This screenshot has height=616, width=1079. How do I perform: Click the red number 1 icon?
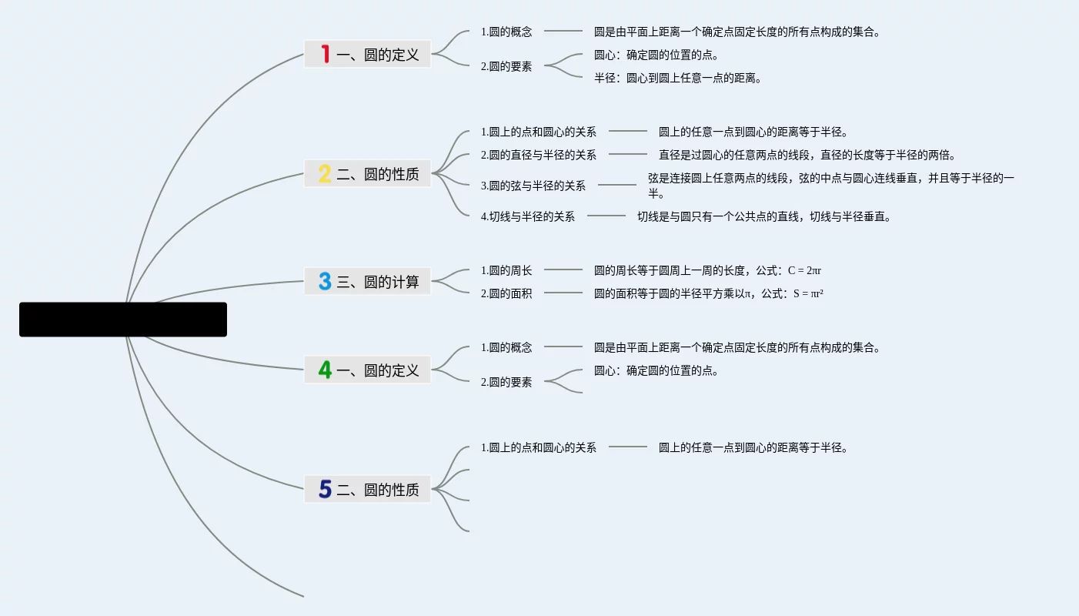coord(326,54)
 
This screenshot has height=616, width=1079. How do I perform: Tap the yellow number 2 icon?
coord(325,174)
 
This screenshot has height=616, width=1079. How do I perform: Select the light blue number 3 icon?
coord(325,282)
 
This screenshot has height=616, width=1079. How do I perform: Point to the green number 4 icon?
coord(326,370)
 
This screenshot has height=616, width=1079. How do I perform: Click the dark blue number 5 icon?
coord(325,489)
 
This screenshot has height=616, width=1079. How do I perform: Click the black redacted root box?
coord(123,320)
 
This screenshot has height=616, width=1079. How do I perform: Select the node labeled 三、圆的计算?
coord(378,282)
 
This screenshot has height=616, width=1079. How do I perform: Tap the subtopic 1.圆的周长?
coord(506,270)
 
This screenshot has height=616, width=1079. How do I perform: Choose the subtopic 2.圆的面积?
coord(506,293)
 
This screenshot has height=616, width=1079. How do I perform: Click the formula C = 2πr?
coord(804,270)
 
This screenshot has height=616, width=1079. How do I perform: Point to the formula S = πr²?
coord(808,293)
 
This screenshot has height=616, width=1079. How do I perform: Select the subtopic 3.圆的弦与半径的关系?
coord(533,186)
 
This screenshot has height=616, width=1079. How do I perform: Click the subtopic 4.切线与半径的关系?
coord(528,216)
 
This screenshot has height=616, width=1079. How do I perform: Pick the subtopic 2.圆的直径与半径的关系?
coord(539,155)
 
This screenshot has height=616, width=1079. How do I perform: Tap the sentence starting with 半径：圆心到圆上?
coord(678,78)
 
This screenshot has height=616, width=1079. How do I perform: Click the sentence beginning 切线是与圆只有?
coord(764,216)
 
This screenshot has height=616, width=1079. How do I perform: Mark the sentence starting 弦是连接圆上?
coord(830,179)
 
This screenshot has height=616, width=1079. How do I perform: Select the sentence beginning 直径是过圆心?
coord(807,155)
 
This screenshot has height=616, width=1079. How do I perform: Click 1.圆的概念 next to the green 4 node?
coord(506,347)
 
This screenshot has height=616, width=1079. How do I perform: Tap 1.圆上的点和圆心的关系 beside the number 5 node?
coord(539,447)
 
